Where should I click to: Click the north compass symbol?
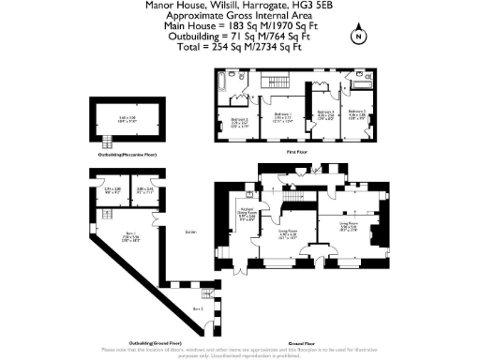click(x=357, y=37)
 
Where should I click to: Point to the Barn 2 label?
click(x=197, y=307)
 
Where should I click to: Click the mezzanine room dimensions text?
click(x=128, y=119)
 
